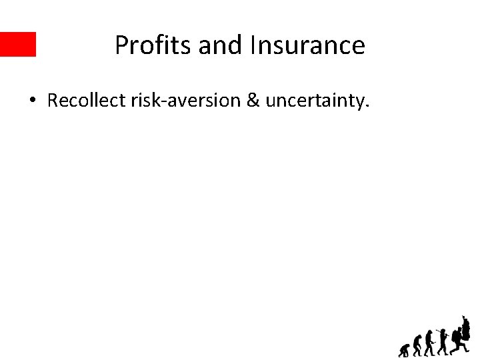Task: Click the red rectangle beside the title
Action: [17, 44]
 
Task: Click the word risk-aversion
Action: [175, 101]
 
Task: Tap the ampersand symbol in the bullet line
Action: [254, 101]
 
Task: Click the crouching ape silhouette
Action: [405, 350]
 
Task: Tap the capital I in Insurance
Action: [253, 45]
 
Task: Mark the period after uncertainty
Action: [366, 107]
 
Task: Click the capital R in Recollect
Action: [53, 101]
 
